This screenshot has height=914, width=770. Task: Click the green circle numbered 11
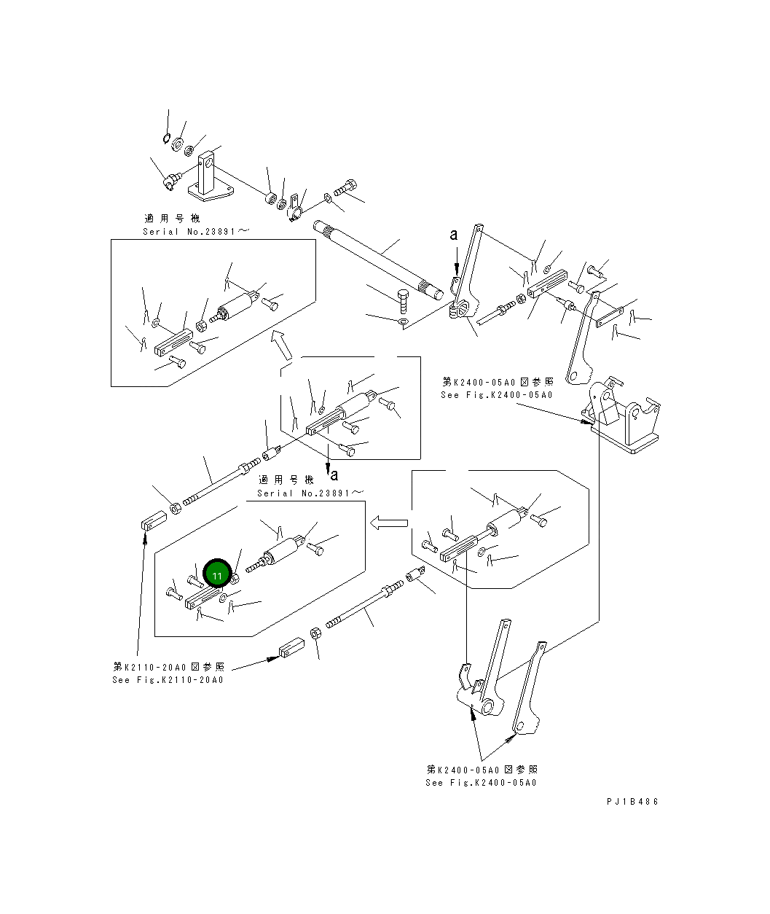click(217, 573)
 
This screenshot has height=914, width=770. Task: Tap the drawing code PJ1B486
click(632, 802)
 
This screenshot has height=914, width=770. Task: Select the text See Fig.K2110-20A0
click(168, 680)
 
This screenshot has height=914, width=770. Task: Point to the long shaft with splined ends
click(379, 261)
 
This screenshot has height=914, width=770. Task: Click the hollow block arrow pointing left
click(389, 523)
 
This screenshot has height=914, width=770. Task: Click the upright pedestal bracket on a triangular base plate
click(210, 176)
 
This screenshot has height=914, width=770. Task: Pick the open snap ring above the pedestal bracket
click(166, 138)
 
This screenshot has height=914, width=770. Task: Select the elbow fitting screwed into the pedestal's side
click(171, 180)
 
